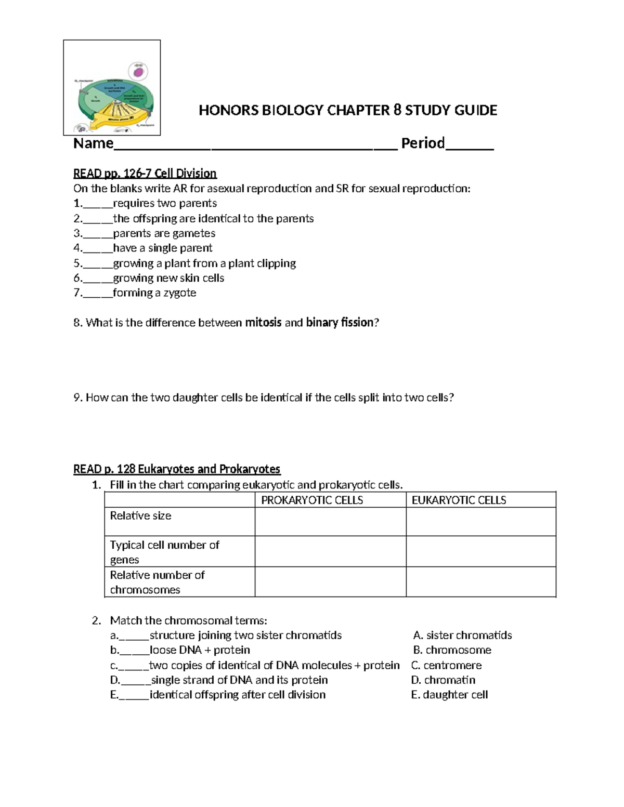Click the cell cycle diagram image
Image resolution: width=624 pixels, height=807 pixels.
click(112, 88)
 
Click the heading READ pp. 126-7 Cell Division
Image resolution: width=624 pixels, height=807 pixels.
click(145, 173)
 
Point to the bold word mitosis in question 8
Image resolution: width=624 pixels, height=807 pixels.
click(263, 323)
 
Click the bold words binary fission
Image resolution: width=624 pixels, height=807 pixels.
click(340, 323)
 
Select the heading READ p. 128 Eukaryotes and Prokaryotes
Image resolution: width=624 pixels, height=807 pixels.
click(177, 469)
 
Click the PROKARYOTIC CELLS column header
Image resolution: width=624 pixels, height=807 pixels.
click(312, 500)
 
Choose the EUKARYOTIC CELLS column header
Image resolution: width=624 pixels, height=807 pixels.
click(459, 500)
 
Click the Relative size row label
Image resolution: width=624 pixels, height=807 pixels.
click(140, 515)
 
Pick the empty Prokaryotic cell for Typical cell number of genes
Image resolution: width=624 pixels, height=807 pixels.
click(330, 551)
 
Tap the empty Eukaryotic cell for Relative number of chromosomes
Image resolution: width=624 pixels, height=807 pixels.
click(481, 581)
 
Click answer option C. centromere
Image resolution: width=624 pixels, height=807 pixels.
click(446, 665)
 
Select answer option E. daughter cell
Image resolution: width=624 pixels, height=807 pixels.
click(449, 695)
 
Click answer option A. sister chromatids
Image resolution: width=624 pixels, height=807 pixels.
click(462, 636)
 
